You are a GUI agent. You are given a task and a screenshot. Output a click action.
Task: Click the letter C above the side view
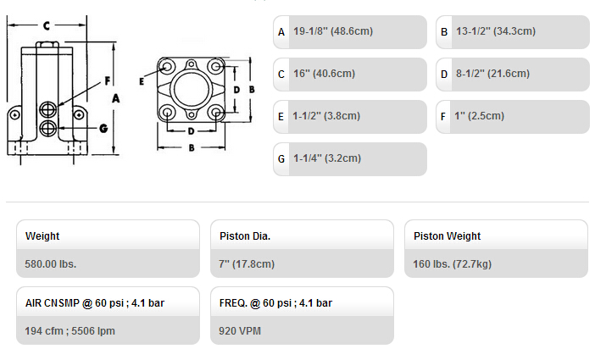47,25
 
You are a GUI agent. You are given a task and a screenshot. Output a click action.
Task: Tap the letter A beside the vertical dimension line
116,98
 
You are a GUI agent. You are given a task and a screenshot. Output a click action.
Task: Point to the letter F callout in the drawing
108,80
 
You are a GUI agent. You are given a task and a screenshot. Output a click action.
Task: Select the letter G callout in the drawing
103,128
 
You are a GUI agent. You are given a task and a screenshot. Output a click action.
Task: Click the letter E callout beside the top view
142,81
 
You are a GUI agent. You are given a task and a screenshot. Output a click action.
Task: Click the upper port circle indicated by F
47,109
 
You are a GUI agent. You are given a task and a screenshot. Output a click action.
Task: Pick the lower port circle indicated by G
47,128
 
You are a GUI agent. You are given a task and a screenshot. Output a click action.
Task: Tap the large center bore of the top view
192,90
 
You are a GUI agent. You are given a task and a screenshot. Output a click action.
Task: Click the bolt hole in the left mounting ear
14,114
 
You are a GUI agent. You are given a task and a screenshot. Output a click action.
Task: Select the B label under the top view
192,148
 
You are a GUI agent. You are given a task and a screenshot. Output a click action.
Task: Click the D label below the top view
191,131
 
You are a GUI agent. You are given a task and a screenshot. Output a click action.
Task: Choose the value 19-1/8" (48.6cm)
333,31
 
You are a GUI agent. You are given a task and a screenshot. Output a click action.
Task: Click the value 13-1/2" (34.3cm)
496,31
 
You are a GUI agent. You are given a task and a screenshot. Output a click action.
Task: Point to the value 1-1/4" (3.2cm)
326,158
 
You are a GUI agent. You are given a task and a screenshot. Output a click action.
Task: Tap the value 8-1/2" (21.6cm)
492,73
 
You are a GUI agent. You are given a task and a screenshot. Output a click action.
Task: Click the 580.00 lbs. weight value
51,264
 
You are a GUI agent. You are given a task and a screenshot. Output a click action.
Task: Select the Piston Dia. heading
245,236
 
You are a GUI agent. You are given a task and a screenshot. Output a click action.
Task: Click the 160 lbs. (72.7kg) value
452,264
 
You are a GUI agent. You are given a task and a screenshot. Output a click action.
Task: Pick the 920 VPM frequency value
240,331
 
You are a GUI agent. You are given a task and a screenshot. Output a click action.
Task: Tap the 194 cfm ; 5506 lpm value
70,331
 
